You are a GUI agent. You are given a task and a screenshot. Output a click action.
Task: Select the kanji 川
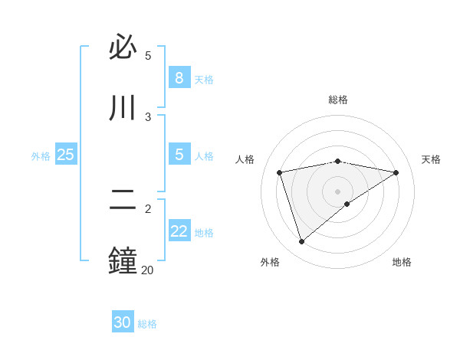click(x=123, y=108)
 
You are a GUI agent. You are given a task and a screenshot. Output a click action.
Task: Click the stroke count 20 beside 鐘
click(x=147, y=270)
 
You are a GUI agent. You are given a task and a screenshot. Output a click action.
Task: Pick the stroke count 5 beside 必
click(x=148, y=55)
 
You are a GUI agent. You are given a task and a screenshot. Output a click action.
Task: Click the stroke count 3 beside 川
click(x=148, y=116)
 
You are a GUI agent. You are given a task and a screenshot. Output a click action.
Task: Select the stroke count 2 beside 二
click(x=148, y=208)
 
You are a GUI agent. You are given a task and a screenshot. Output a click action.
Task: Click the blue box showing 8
click(x=179, y=77)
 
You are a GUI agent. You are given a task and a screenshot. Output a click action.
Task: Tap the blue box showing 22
click(x=179, y=231)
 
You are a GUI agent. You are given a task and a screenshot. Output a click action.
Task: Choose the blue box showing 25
click(x=65, y=155)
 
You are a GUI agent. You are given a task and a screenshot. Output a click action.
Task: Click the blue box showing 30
click(x=123, y=322)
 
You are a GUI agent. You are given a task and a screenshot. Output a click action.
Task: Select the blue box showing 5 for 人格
click(x=179, y=154)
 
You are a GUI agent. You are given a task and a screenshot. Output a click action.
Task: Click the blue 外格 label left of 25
click(x=41, y=156)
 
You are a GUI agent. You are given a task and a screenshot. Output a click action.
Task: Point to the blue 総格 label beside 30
click(x=147, y=324)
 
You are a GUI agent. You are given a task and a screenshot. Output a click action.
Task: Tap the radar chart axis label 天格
click(x=432, y=159)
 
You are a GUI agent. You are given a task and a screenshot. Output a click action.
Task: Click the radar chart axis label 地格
click(x=402, y=262)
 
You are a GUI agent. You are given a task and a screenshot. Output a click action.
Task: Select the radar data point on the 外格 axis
click(x=301, y=242)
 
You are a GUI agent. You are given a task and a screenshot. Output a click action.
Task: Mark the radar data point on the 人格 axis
click(x=280, y=172)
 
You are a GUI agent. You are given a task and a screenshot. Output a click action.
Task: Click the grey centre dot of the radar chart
click(x=338, y=191)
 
